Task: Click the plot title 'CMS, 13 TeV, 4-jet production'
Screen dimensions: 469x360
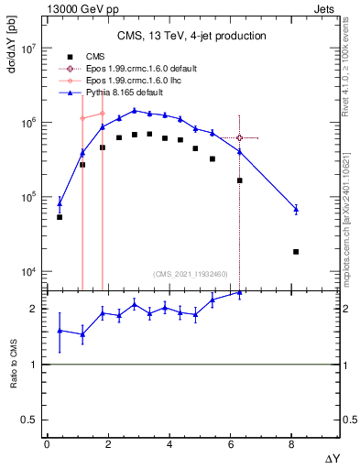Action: pos(191,36)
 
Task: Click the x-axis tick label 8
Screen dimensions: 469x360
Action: pos(291,443)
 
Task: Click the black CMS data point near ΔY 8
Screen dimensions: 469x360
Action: pos(296,252)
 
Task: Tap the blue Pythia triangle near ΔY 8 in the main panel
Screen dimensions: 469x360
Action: pos(296,210)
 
